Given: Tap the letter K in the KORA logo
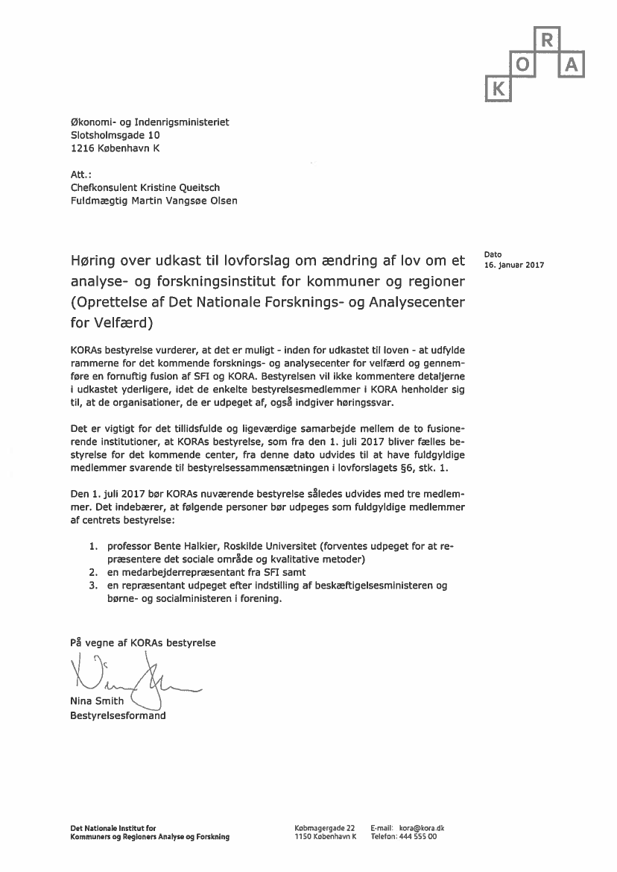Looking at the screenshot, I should click(x=499, y=90).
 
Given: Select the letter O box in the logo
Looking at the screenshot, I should click(x=522, y=66).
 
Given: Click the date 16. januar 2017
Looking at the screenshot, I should click(x=514, y=266).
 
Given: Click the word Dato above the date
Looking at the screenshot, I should click(x=493, y=254).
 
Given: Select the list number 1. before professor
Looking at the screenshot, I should click(x=94, y=546).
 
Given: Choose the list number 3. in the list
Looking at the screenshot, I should click(x=94, y=586).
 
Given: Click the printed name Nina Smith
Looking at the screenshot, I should click(x=97, y=701).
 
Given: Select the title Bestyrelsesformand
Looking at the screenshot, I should click(x=118, y=716).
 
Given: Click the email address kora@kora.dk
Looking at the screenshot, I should click(x=422, y=828).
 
